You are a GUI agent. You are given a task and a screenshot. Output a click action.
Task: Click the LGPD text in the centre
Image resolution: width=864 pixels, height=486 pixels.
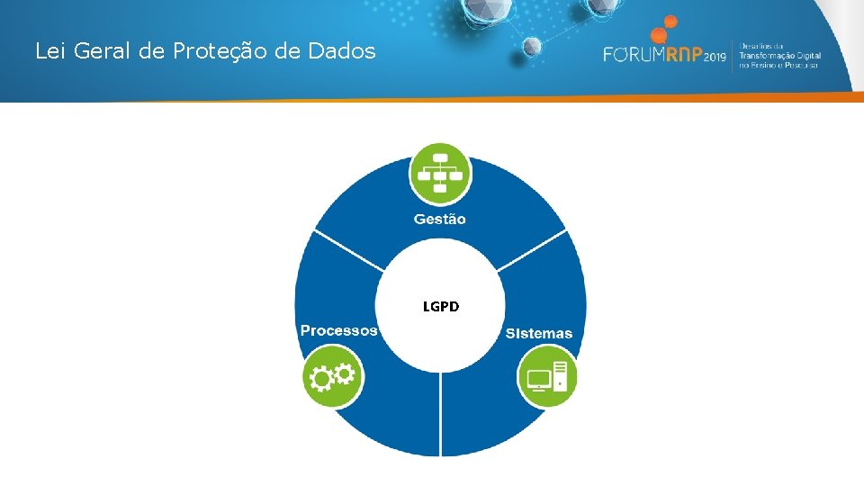coord(441,307)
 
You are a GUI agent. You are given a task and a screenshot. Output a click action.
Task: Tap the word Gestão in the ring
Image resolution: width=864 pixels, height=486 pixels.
coord(440,219)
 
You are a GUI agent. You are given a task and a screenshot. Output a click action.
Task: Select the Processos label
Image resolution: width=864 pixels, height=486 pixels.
coord(339,330)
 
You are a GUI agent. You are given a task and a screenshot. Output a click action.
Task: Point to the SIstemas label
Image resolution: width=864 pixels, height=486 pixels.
coord(538,333)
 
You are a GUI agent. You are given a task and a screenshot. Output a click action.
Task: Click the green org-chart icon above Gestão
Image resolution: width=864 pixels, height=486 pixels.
coord(440,172)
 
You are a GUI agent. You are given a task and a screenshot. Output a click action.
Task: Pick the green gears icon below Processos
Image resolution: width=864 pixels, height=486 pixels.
coord(333,376)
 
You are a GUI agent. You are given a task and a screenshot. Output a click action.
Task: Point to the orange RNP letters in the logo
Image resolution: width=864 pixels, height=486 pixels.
coord(683,54)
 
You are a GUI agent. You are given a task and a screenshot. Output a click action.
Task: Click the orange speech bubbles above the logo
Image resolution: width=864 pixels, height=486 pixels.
coord(663,30)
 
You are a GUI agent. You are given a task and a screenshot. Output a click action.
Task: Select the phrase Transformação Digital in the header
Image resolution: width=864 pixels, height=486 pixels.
coord(779,55)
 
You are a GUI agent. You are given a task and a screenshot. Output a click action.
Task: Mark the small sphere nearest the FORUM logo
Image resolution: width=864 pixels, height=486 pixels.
coord(532,46)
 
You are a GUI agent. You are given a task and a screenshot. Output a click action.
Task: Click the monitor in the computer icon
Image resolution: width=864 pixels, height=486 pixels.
coord(539,379)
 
